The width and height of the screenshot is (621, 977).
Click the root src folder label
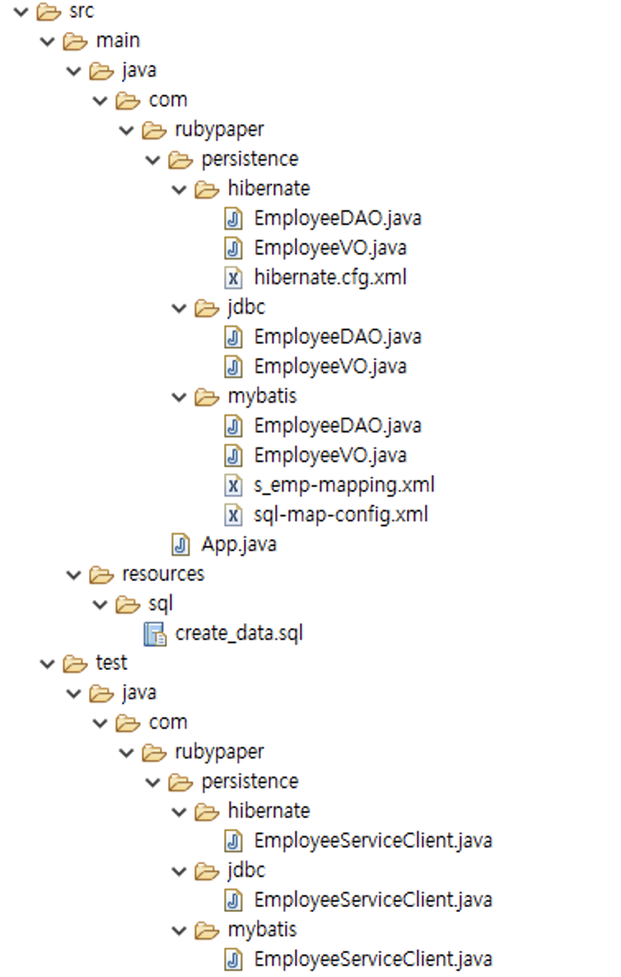click(82, 11)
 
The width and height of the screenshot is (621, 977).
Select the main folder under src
click(118, 40)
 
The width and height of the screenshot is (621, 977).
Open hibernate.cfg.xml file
click(329, 277)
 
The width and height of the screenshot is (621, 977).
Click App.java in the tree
click(238, 545)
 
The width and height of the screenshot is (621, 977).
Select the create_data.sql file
click(239, 633)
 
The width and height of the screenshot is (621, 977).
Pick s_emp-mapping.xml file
click(343, 484)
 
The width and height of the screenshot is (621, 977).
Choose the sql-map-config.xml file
click(340, 515)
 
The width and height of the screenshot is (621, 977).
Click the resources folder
click(162, 573)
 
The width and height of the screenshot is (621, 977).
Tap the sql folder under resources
click(160, 604)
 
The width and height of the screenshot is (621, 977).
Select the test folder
click(111, 662)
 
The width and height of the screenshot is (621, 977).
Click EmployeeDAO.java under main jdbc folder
click(337, 336)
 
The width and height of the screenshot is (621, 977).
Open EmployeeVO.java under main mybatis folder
click(329, 455)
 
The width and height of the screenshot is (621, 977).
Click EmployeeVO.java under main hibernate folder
click(329, 247)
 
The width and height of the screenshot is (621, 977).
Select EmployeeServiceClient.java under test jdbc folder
click(372, 900)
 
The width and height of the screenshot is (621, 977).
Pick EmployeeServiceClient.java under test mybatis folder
click(372, 959)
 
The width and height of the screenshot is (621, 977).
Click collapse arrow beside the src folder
click(21, 12)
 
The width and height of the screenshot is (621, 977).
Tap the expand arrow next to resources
click(73, 574)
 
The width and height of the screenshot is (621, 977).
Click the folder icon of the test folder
click(74, 663)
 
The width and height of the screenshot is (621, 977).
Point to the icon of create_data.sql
click(154, 633)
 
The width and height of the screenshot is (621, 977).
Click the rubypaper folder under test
click(219, 751)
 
